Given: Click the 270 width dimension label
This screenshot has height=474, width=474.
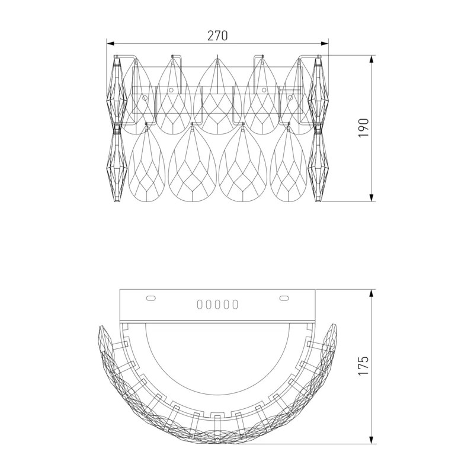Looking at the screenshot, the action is [x=217, y=36].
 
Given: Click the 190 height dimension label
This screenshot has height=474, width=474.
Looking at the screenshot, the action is [x=363, y=128].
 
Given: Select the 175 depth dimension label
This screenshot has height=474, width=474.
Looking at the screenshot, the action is [x=363, y=366].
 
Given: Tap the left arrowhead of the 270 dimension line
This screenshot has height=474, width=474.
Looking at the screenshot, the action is [x=110, y=43].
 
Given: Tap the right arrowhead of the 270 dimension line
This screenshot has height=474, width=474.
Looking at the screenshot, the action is [x=325, y=43].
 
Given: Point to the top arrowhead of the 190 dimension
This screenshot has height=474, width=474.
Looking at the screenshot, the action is [x=371, y=59].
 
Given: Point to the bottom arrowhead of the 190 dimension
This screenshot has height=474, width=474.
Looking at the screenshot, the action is [x=371, y=198].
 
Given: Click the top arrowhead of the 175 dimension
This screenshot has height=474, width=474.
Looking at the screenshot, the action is [x=371, y=293].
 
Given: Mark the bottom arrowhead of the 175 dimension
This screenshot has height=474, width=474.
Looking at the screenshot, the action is [x=371, y=440].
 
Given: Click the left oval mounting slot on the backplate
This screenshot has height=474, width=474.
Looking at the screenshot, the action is [x=151, y=299].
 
